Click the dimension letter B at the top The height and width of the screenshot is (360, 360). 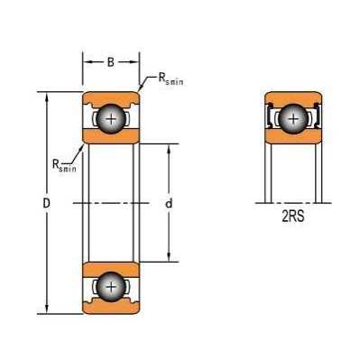point(111,62)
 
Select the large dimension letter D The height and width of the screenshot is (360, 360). point(46,204)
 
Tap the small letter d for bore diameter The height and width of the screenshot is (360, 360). point(169,204)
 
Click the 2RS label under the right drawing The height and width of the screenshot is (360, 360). point(293,217)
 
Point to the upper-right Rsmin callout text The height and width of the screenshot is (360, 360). point(171,78)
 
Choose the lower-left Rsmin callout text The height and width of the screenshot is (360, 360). point(64,166)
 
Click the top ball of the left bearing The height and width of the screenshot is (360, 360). point(111,119)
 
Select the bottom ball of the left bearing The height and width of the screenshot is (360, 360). point(111,286)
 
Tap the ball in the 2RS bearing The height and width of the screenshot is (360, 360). point(293,119)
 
